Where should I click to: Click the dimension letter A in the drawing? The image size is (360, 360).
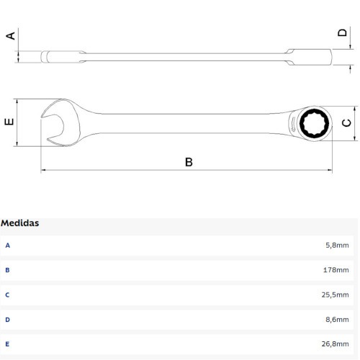point(10,35)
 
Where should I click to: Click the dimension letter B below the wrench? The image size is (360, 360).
point(189,162)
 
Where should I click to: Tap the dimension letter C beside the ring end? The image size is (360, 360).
point(346,123)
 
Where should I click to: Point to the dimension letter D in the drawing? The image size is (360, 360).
point(343,33)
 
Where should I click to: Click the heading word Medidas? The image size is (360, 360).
point(20,223)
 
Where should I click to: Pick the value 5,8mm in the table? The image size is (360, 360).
point(338,246)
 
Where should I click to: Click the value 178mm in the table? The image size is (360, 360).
point(336,270)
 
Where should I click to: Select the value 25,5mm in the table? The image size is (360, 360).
point(336,294)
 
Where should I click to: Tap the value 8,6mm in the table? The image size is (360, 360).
point(338,319)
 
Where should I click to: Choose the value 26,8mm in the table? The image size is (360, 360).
point(336,344)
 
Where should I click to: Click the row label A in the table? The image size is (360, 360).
point(8,246)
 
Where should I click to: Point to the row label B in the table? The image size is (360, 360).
point(8,270)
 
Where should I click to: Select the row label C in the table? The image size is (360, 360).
point(8,294)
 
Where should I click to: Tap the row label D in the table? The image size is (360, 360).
point(8,319)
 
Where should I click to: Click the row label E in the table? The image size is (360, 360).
point(8,344)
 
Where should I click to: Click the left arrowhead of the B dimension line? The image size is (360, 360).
point(44,171)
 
